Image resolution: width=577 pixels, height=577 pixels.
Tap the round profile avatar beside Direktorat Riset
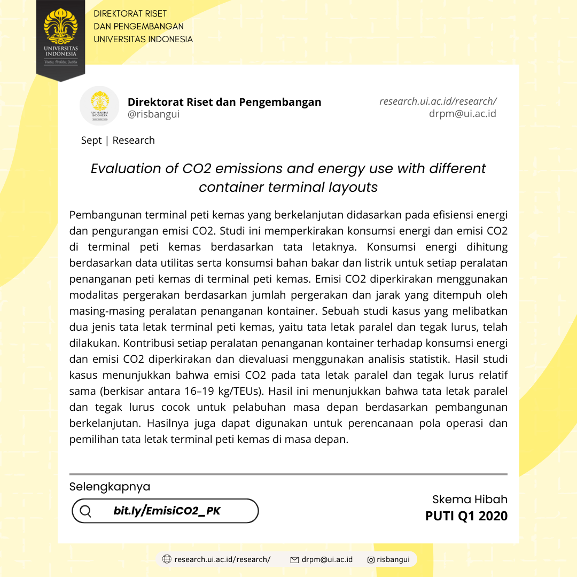[99, 106]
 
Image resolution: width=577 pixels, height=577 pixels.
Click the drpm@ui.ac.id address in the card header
[462, 113]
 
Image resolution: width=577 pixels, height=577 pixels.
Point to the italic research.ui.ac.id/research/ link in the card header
[438, 101]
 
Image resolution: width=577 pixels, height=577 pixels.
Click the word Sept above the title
[91, 141]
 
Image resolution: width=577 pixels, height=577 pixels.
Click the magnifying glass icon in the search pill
[85, 511]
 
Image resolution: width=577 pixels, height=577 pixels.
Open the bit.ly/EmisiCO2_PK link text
[167, 511]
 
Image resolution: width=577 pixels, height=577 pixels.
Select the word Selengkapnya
[110, 487]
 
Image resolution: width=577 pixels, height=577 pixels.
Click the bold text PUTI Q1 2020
[466, 516]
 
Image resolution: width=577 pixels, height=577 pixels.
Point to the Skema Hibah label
[470, 500]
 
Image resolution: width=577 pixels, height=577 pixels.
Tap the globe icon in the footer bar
[167, 559]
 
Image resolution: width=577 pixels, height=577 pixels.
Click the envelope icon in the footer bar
[294, 560]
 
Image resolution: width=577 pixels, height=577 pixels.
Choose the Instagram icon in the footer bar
[371, 560]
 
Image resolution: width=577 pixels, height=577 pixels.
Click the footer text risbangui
[393, 559]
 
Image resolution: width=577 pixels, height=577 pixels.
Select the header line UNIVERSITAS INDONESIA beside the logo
[143, 39]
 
